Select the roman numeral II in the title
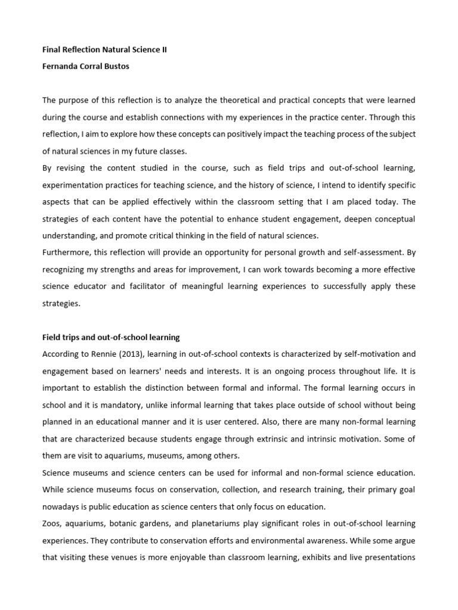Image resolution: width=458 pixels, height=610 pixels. [x=163, y=50]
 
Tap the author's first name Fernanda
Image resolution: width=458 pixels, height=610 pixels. [x=61, y=66]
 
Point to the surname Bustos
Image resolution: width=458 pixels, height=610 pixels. [x=116, y=66]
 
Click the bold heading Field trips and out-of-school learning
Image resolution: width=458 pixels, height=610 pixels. [x=110, y=338]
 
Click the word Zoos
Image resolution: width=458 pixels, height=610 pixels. [x=52, y=523]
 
